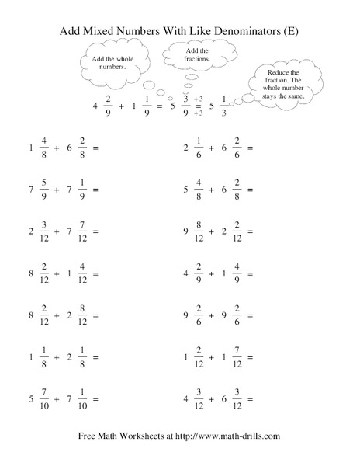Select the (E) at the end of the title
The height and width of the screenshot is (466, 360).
click(291, 32)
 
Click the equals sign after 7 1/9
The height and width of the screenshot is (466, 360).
click(95, 189)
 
